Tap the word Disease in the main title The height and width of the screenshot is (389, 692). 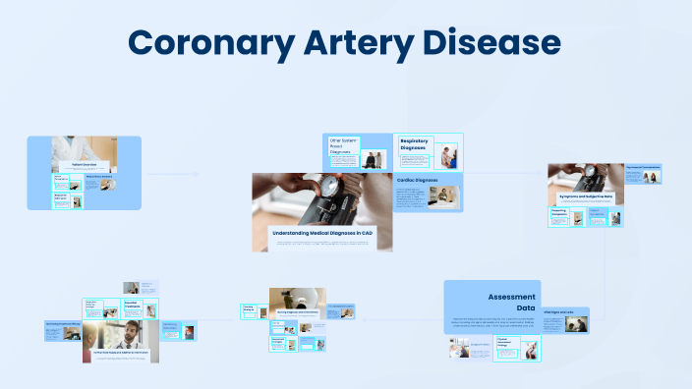[489, 44]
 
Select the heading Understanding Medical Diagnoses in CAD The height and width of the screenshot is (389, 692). [321, 232]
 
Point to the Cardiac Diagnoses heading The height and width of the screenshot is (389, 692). [417, 180]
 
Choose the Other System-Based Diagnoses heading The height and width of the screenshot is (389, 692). [341, 146]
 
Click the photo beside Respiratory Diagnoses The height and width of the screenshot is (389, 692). [448, 155]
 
